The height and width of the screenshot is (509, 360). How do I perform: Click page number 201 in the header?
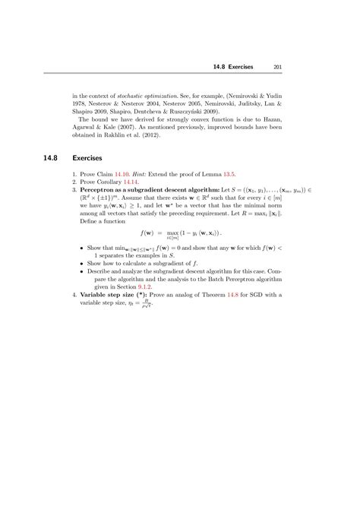click(279, 66)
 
